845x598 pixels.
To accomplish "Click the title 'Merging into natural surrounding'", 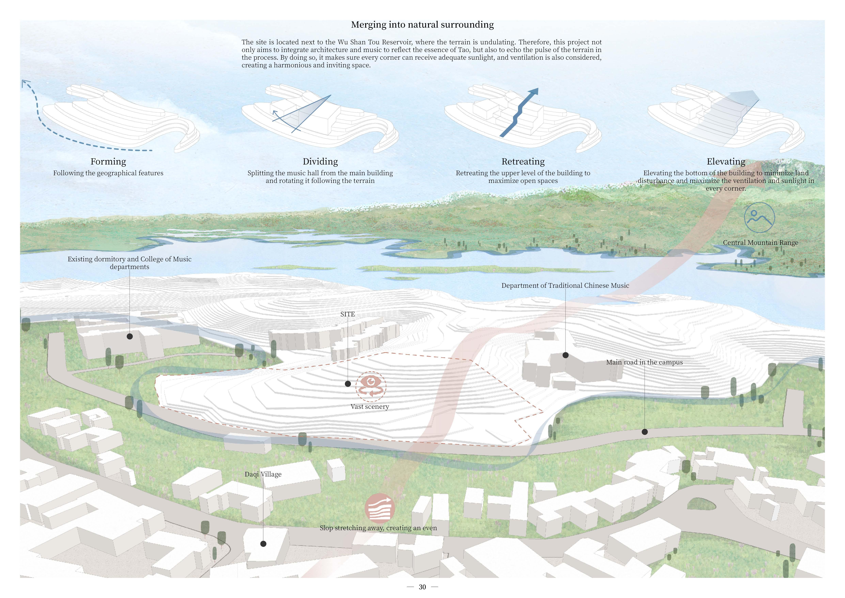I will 422,25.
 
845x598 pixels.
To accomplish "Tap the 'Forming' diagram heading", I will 108,162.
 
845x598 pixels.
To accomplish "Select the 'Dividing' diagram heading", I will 320,162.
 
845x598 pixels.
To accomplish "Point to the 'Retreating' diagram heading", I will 523,162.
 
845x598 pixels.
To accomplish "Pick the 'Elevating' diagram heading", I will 726,162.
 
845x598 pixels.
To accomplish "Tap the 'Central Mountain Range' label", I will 760,243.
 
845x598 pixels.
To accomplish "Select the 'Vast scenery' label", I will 369,407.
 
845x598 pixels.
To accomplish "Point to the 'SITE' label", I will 347,314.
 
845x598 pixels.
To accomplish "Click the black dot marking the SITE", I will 347,384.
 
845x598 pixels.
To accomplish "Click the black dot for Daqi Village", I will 263,543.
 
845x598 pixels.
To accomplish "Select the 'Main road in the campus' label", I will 644,362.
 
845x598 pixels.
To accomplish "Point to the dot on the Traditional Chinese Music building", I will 565,355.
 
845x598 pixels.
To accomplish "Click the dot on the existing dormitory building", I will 130,336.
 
